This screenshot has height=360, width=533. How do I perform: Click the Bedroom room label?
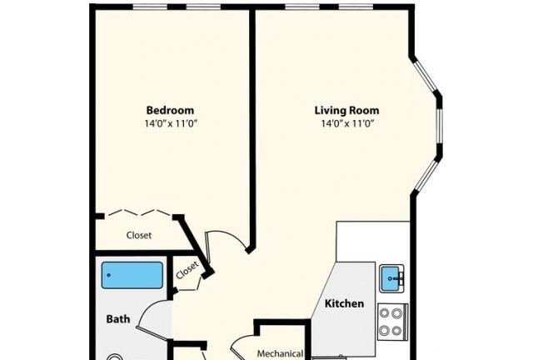pyautogui.click(x=170, y=110)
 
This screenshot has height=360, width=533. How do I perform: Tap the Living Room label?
pyautogui.click(x=346, y=111)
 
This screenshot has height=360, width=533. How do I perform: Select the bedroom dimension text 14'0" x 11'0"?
pyautogui.click(x=171, y=123)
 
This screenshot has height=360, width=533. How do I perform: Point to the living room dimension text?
pyautogui.click(x=347, y=123)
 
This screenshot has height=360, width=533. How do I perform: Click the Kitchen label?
pyautogui.click(x=344, y=303)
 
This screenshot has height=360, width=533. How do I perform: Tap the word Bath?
pyautogui.click(x=118, y=319)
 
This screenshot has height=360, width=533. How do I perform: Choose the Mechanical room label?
pyautogui.click(x=280, y=353)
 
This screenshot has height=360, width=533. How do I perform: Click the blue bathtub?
pyautogui.click(x=132, y=275)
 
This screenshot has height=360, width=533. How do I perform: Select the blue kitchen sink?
pyautogui.click(x=391, y=278)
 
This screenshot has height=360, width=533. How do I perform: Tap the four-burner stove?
pyautogui.click(x=393, y=322)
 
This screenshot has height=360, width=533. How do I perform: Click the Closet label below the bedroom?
pyautogui.click(x=139, y=235)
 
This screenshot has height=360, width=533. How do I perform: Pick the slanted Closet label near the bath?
pyautogui.click(x=187, y=271)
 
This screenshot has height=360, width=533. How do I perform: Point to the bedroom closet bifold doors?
pyautogui.click(x=139, y=213)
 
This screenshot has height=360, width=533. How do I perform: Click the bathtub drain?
pyautogui.click(x=109, y=275)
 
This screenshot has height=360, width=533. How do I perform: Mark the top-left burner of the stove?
pyautogui.click(x=385, y=313)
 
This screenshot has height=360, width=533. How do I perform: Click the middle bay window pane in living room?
pyautogui.click(x=440, y=126)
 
